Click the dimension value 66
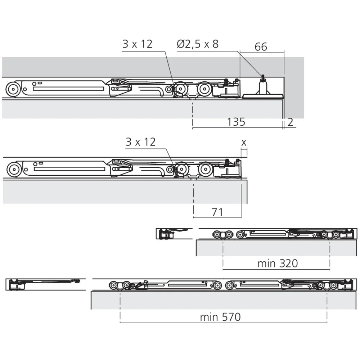261,47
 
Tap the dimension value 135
236,122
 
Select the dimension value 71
217,212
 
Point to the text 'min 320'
278,264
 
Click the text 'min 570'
220,317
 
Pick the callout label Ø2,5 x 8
198,44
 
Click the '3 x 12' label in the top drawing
137,44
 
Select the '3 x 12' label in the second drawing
140,142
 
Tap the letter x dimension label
244,143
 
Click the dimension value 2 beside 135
290,122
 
